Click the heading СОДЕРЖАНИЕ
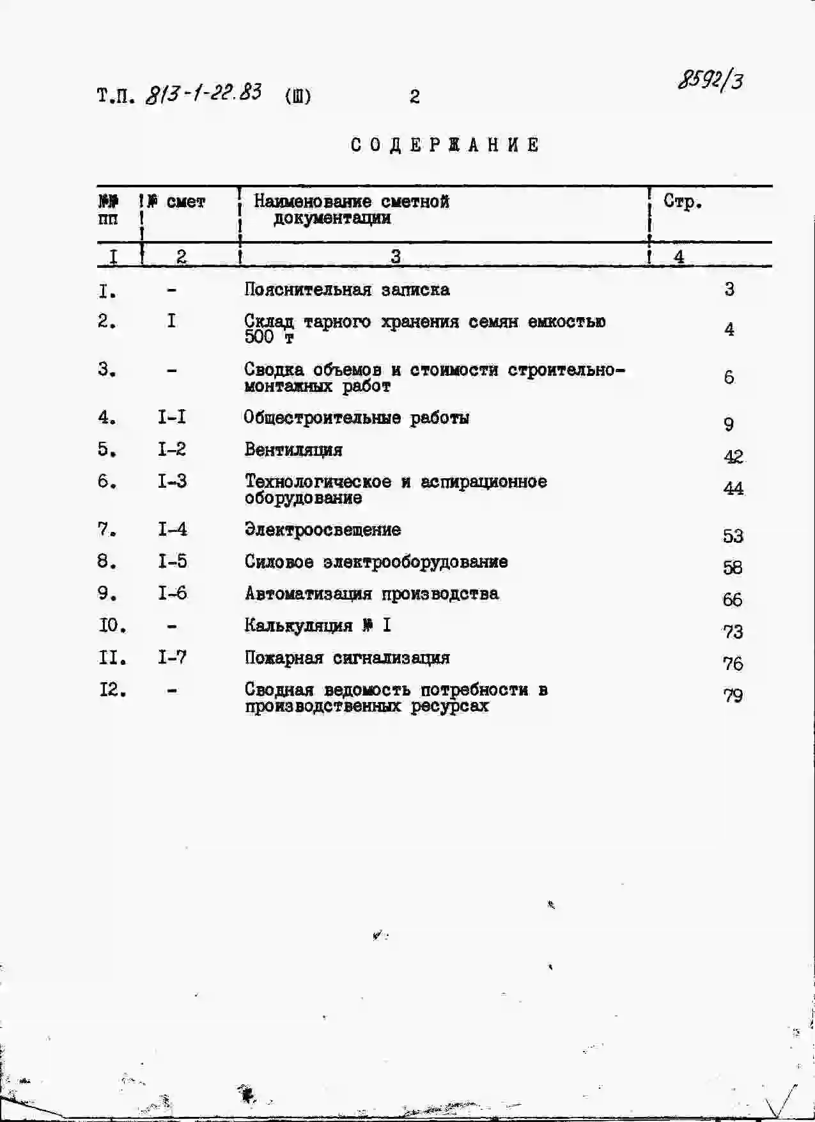[x=445, y=145]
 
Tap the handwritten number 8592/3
[x=710, y=81]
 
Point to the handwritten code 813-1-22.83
[x=203, y=93]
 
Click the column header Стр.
[x=683, y=202]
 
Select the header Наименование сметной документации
[x=351, y=210]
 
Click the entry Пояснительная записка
[x=346, y=290]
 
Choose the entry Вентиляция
[x=293, y=449]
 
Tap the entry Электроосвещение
[x=323, y=529]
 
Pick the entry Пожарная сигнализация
[x=347, y=658]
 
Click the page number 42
[x=733, y=456]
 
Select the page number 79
[x=733, y=695]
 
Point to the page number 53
[x=733, y=536]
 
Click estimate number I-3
[x=172, y=481]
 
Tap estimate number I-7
[x=172, y=657]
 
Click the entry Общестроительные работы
[x=357, y=418]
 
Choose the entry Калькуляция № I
[x=318, y=625]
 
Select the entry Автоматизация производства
[x=371, y=594]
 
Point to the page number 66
[x=733, y=600]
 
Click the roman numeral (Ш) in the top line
[x=298, y=97]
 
